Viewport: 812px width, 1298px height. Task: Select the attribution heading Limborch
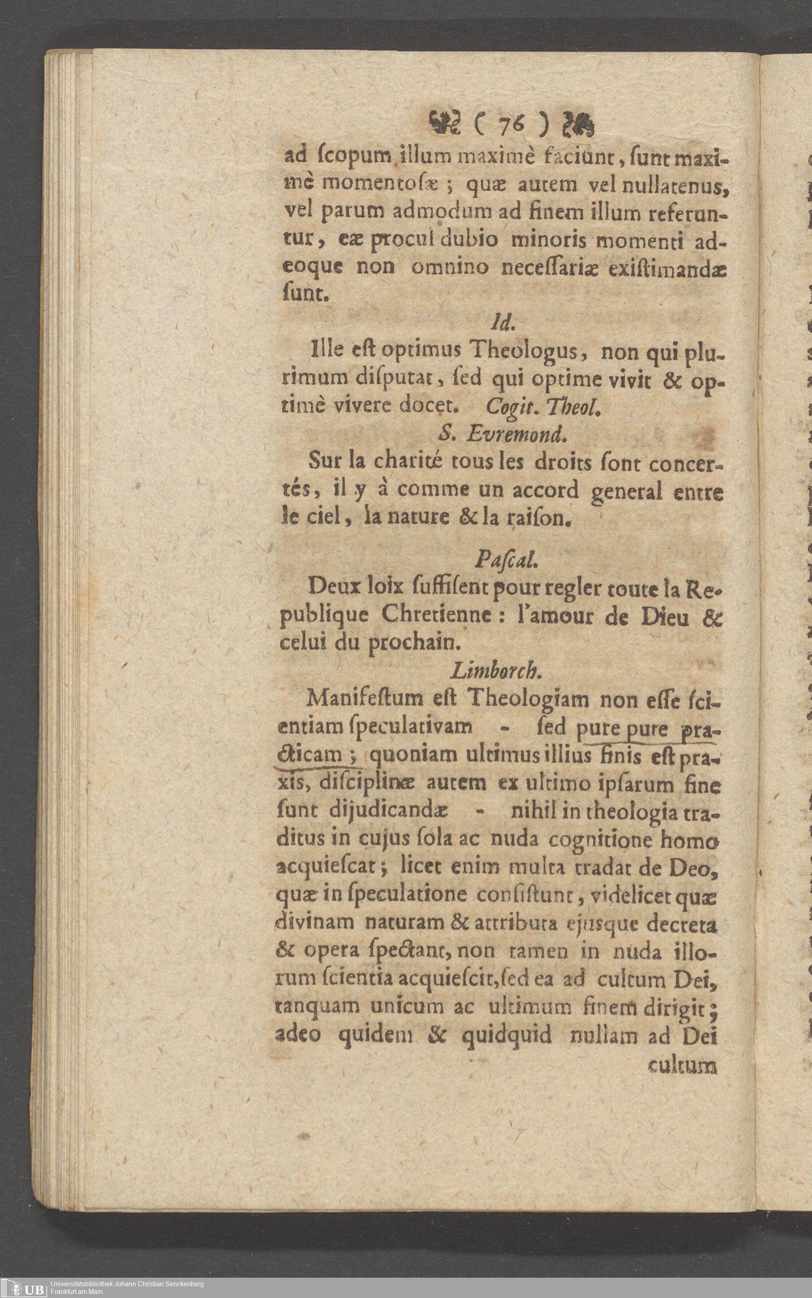pos(494,670)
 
